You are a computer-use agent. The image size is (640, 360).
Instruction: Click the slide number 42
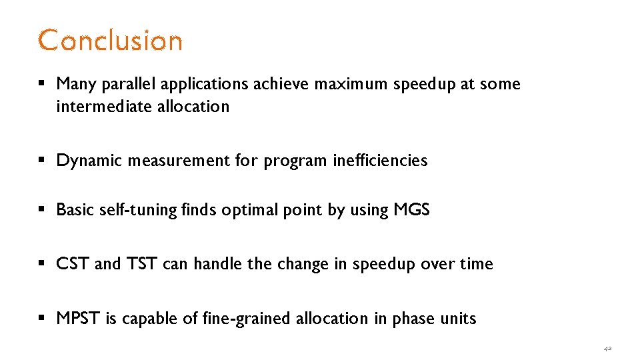607,348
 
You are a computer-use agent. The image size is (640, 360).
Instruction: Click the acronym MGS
411,210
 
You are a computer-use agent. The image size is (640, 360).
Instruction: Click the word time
477,264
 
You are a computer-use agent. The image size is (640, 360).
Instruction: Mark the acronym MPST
78,319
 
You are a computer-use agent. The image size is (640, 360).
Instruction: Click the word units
459,319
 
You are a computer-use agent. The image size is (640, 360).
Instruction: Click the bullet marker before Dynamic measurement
42,161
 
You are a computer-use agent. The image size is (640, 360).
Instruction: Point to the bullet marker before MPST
42,319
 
